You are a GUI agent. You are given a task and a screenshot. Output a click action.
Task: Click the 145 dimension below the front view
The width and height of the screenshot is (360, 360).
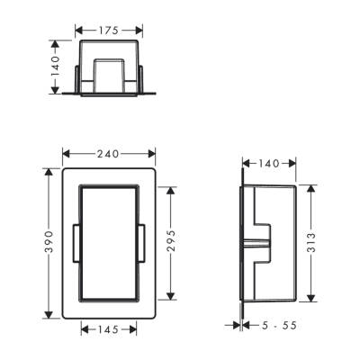[107, 330]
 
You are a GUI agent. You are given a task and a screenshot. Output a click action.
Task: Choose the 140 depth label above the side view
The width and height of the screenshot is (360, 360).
[267, 165]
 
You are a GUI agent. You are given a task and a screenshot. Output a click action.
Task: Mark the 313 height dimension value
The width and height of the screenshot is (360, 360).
[310, 243]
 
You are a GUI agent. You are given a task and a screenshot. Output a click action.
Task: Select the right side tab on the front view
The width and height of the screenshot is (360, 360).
[144, 243]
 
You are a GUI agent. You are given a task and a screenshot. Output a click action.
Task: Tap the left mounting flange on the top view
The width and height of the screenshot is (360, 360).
[67, 90]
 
